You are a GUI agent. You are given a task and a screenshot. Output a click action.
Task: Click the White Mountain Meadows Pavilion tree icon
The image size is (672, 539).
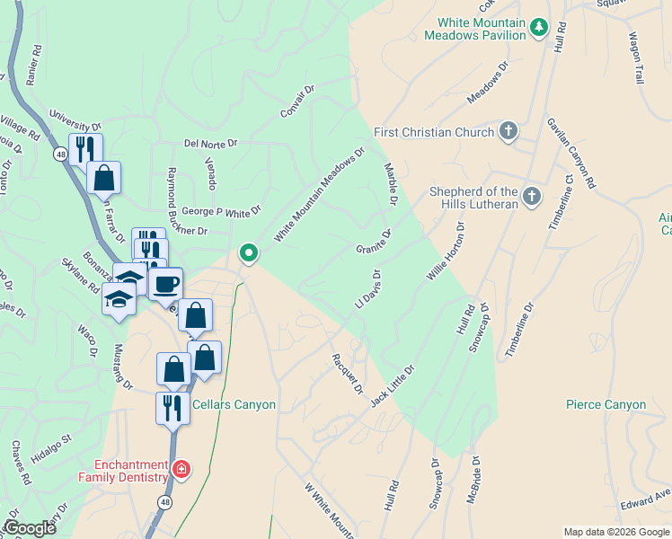pos(538,27)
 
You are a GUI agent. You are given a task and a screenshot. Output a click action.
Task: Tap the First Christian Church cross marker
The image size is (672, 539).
pos(508,132)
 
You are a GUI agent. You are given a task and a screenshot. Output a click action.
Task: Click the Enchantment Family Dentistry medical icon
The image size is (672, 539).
pos(181,469)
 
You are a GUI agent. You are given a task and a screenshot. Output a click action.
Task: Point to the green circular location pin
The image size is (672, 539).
pos(249,254)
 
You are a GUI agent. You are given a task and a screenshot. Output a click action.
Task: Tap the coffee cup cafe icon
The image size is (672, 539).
pos(165,285)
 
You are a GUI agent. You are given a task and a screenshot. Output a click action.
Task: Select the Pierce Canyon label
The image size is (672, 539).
pos(606,405)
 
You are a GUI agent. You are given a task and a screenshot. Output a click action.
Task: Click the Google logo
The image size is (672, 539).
pos(29,528)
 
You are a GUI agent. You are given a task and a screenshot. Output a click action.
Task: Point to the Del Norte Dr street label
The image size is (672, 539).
pos(210,143)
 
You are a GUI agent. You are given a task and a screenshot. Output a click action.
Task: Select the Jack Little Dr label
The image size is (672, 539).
pos(393,385)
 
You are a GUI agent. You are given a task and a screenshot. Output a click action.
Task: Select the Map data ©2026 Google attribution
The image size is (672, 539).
pos(616,532)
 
